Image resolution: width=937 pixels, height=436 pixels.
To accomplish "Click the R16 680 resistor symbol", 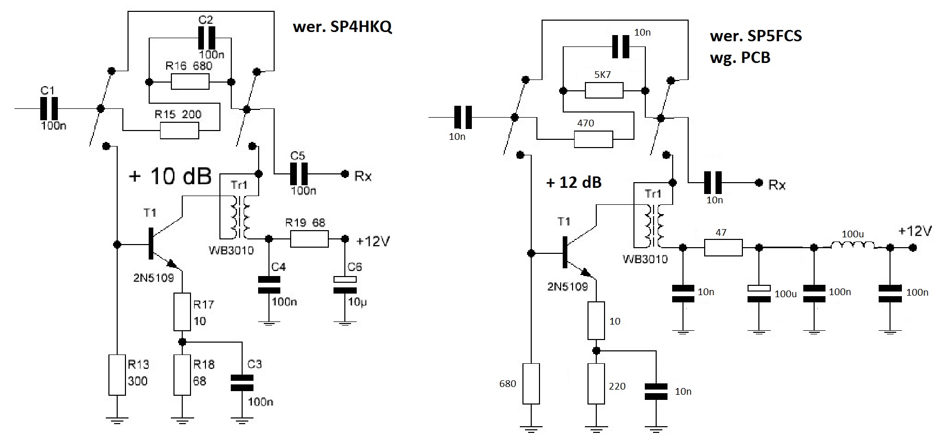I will (190, 82).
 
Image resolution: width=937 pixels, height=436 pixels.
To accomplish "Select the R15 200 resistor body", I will (179, 131).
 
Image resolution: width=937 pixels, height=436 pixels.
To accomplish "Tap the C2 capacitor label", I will (205, 20).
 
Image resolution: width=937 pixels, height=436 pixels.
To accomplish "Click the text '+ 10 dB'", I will (170, 176).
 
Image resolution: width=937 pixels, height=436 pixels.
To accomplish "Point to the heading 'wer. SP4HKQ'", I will (342, 27).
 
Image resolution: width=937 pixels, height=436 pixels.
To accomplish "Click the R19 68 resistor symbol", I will (309, 239).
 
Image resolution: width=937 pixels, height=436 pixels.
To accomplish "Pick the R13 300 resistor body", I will (117, 375).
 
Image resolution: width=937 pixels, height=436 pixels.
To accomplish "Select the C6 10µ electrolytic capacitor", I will (344, 284).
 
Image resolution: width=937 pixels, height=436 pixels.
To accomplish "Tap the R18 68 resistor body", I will (182, 375).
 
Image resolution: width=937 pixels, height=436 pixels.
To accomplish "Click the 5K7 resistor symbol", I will (604, 91).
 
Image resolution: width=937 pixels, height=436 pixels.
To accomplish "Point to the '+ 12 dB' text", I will (574, 182).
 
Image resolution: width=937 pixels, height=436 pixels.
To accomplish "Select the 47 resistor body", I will (723, 248).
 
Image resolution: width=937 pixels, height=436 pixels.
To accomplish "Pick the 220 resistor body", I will (596, 383).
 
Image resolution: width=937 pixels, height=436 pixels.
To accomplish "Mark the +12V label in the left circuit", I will (373, 240).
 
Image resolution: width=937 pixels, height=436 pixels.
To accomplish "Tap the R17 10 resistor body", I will (182, 312).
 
